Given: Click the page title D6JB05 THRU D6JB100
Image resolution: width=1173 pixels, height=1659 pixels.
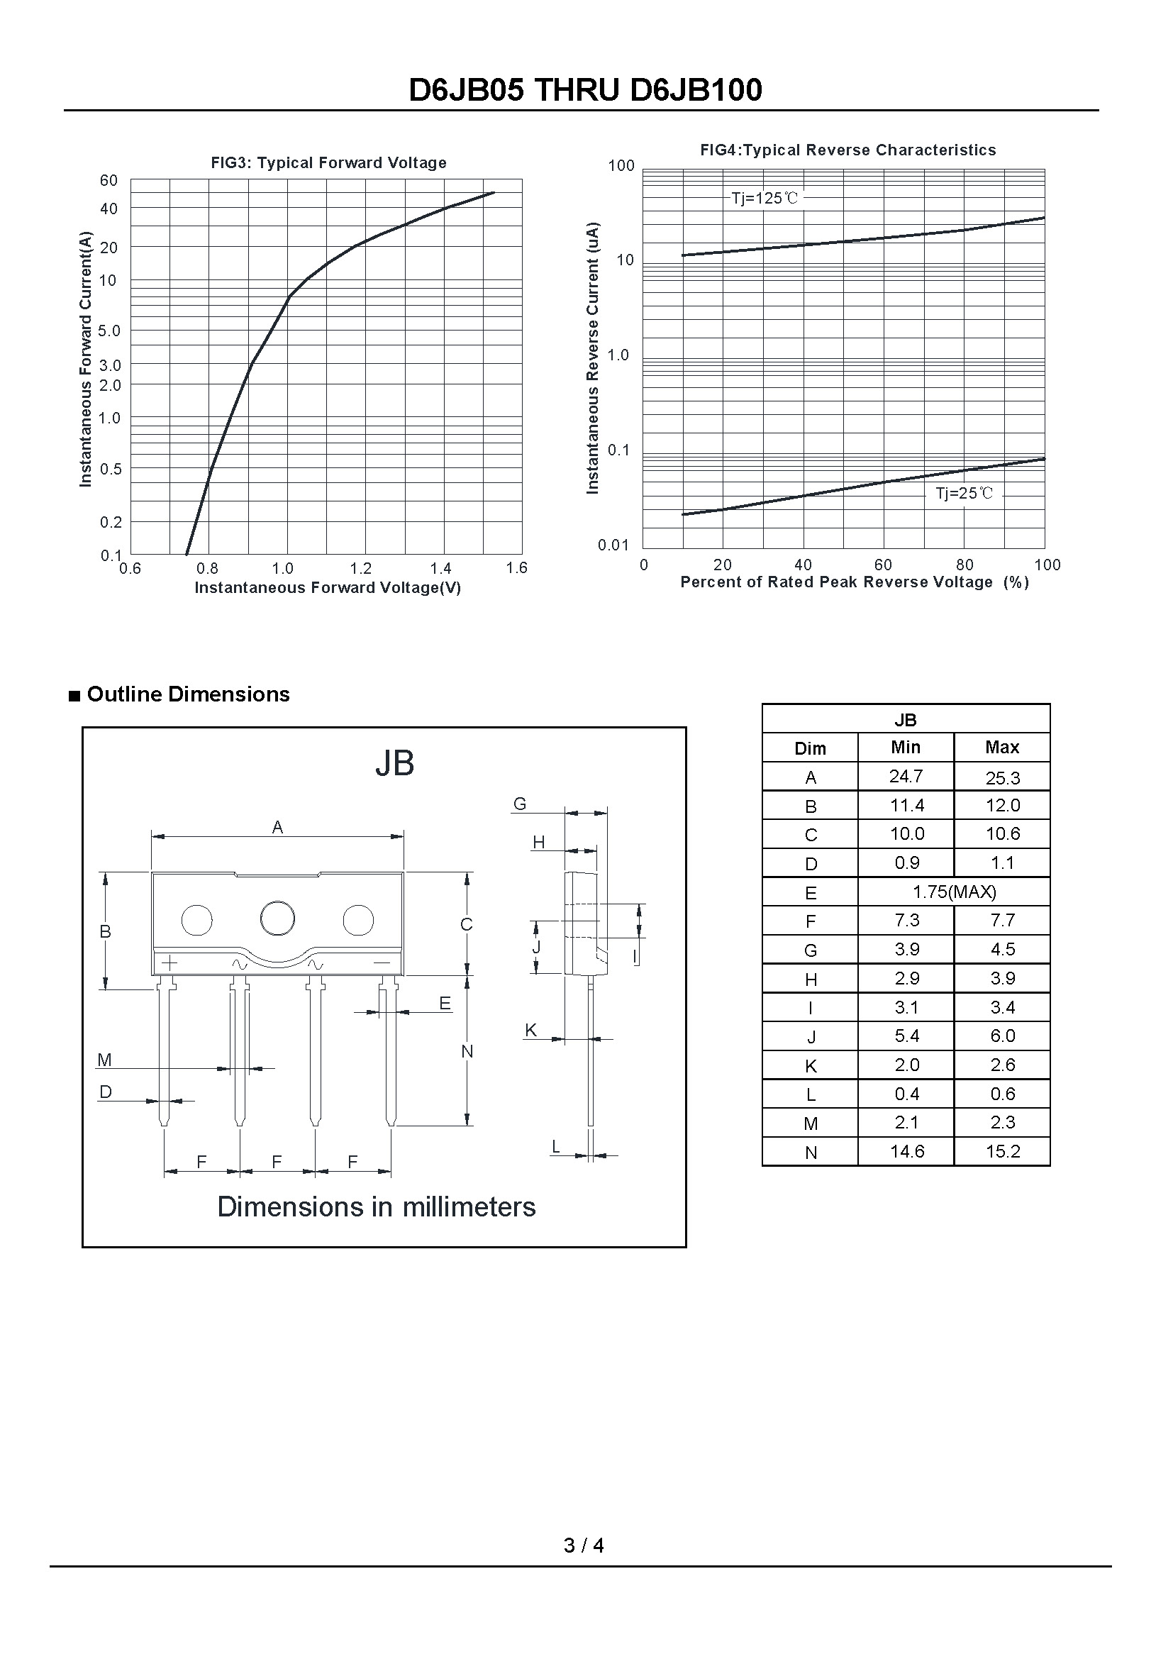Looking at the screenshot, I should tap(585, 90).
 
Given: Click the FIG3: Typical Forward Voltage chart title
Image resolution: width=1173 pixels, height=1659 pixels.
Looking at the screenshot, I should tap(328, 162).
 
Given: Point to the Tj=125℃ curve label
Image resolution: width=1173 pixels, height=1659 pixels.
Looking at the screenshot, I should tap(765, 198).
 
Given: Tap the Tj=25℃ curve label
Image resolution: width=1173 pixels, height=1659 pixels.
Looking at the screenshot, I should tap(964, 494).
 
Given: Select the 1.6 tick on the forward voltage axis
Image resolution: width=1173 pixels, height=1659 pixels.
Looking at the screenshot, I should tap(517, 568).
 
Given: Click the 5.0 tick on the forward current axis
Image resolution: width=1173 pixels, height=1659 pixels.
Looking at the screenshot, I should tap(110, 331).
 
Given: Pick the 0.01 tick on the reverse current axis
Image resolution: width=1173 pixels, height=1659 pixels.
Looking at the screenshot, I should tap(614, 545).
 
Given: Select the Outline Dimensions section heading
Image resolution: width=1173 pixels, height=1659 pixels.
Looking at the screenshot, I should tap(188, 694).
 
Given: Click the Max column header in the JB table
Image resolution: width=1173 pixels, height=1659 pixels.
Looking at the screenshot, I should tap(1002, 747).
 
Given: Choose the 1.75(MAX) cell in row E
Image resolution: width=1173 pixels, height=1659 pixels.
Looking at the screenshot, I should tap(954, 892).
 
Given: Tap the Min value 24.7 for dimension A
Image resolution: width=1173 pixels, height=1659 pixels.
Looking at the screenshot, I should tap(906, 776).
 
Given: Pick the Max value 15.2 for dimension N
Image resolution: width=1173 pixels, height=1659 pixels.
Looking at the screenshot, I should tap(1003, 1151).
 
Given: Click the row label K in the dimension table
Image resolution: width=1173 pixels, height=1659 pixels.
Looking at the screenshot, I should tap(811, 1066).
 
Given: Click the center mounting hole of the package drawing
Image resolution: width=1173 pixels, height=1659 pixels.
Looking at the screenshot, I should tap(277, 919).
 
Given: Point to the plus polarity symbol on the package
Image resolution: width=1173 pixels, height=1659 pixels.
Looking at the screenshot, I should tap(169, 963).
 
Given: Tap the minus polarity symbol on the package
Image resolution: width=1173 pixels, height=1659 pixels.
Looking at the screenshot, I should tap(382, 963).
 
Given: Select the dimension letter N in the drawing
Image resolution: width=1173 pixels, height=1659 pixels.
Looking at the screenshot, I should tap(467, 1051).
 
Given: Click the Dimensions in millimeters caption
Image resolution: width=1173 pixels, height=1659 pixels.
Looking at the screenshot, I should tap(377, 1207).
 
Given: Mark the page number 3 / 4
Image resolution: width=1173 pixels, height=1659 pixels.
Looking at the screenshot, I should tap(584, 1545).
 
